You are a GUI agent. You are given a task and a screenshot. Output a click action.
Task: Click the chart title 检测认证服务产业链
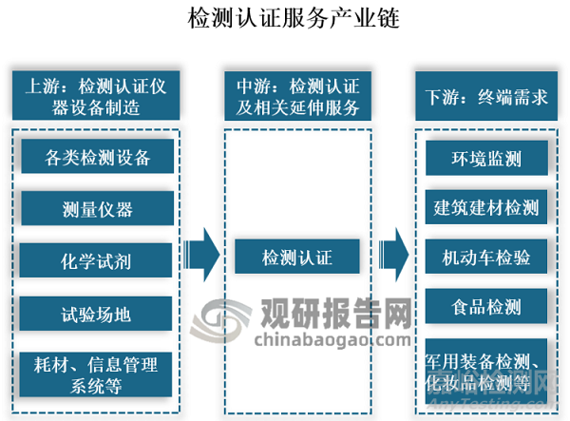pos(284,17)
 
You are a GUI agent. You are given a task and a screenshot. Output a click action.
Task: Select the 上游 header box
pos(97,96)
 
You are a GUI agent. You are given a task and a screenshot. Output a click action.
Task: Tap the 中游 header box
pos(296,96)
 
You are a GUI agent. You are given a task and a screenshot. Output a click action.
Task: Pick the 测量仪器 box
pos(98,208)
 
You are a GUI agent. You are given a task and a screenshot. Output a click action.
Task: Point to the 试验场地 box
pos(98,311)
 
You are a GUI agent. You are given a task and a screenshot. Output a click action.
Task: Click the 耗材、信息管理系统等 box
pos(98,373)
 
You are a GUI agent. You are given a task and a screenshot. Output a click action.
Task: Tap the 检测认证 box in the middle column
pos(296,257)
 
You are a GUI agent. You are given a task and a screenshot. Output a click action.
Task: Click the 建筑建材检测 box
pos(485,207)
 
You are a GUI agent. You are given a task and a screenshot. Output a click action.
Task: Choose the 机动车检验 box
pos(485,257)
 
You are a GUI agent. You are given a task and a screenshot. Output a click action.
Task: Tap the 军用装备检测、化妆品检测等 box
pos(485,370)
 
